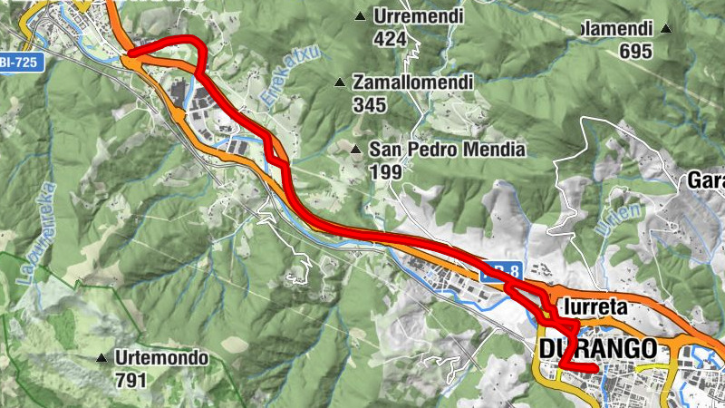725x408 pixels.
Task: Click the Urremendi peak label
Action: click(419, 16)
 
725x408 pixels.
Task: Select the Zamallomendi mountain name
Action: click(413, 83)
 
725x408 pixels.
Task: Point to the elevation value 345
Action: click(370, 105)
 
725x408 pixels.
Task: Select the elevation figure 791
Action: click(130, 380)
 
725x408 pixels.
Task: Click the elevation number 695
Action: click(636, 51)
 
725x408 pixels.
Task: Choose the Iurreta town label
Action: click(594, 307)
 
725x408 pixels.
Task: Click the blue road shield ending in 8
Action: click(501, 269)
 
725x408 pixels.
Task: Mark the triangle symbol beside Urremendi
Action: click(360, 16)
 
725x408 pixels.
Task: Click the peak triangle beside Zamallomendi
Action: click(340, 83)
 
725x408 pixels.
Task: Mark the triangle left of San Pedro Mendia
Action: click(356, 149)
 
